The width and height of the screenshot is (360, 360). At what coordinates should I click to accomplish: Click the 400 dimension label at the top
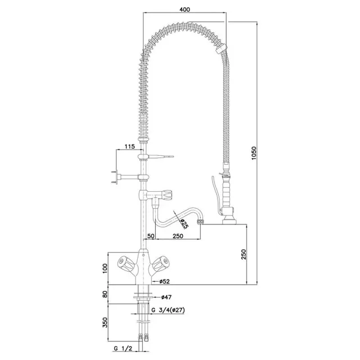184,10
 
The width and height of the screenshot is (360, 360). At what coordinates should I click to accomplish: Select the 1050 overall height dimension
253,153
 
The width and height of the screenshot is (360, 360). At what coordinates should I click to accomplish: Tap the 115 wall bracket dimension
129,146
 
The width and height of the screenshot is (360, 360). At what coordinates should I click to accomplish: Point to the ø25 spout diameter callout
184,224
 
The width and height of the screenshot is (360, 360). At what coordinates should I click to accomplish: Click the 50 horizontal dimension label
151,236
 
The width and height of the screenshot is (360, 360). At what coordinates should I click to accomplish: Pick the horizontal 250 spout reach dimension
178,236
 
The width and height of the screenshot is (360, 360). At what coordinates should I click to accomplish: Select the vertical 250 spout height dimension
244,254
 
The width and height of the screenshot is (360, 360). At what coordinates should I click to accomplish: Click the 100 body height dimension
105,268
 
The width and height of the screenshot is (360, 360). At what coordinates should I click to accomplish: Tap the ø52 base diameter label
164,281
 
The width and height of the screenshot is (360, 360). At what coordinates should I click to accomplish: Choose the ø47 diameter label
166,297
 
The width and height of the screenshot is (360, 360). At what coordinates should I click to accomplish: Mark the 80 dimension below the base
105,294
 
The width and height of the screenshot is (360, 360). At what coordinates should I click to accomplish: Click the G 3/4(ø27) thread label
168,310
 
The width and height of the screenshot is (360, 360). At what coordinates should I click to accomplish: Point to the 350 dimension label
105,322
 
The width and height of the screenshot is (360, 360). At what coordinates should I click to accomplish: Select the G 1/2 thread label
123,349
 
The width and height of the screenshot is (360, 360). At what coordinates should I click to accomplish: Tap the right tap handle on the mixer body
161,264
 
